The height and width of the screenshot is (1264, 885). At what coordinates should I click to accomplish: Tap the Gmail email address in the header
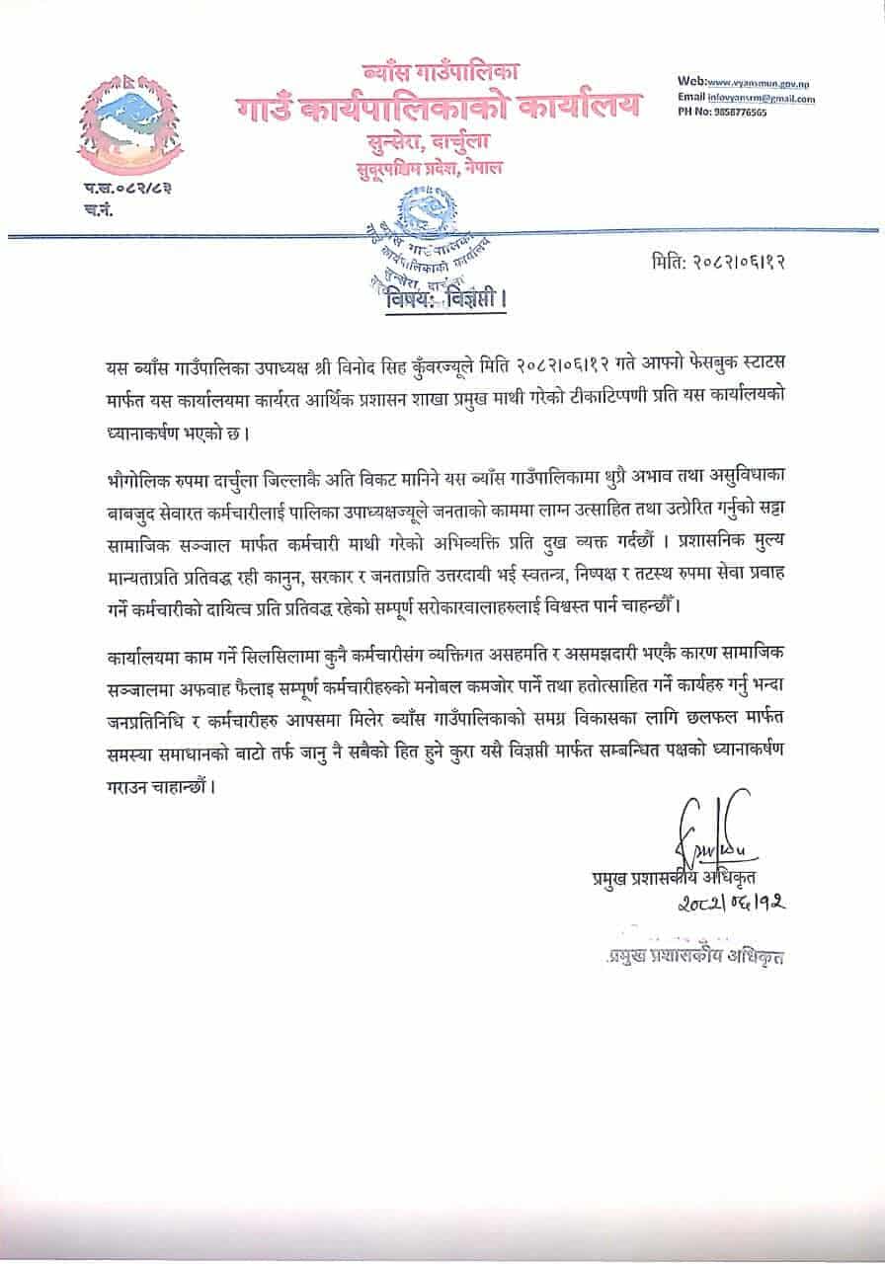point(761,98)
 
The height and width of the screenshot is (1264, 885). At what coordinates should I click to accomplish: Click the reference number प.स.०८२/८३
point(114,188)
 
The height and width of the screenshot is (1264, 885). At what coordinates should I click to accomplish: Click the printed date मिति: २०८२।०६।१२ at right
point(725,262)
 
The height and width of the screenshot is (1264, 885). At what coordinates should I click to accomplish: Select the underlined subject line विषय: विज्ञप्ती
point(443,296)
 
